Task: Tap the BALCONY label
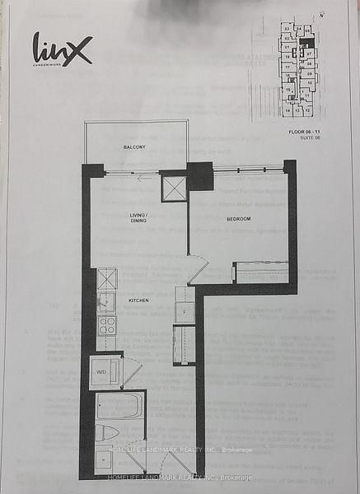click(x=134, y=147)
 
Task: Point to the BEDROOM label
click(x=239, y=218)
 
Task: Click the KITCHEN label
click(x=139, y=301)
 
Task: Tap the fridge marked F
click(x=184, y=314)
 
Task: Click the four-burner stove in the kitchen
click(x=107, y=324)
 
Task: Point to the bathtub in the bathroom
click(x=119, y=407)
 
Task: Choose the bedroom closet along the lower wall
click(x=261, y=273)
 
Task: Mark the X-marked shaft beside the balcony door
click(x=173, y=187)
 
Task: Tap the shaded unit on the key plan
click(x=307, y=41)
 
